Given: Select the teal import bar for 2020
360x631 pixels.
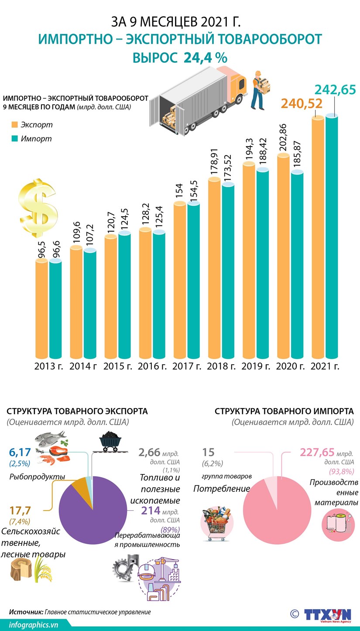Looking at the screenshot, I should pos(297,266).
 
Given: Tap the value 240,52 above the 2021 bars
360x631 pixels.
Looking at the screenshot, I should pos(302,103).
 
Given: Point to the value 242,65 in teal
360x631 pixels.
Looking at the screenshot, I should pos(335,90).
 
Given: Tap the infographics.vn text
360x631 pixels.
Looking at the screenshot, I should pos(33,624).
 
